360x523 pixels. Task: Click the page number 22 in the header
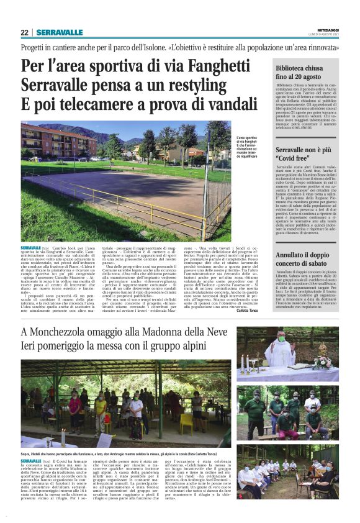24,32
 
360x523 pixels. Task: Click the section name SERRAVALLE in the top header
59,32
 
